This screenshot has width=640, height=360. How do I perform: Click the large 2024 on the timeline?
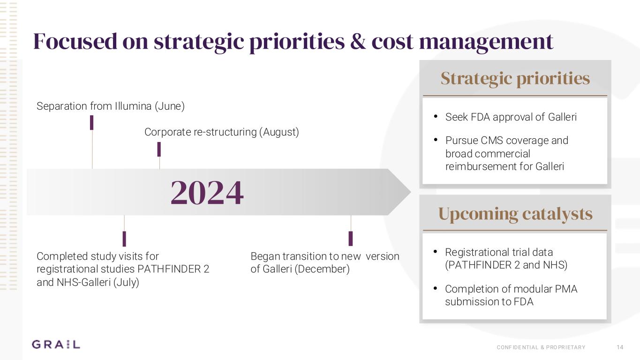[x=207, y=193]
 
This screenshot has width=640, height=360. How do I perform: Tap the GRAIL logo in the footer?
[x=56, y=345]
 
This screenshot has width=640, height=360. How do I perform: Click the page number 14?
[x=620, y=347]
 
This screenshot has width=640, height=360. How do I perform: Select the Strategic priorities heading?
[x=515, y=78]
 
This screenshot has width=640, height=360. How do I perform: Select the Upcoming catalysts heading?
[x=515, y=214]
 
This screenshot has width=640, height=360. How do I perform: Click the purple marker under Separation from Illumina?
[x=92, y=122]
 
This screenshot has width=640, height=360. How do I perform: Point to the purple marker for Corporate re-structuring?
[x=159, y=149]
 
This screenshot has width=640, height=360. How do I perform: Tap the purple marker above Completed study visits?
[x=124, y=239]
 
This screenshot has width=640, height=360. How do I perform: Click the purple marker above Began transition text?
[x=351, y=238]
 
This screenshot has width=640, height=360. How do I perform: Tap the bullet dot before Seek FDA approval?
[x=436, y=117]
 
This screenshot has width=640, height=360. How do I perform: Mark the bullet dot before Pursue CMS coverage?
[x=436, y=140]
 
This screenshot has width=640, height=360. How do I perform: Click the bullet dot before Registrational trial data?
[x=436, y=252]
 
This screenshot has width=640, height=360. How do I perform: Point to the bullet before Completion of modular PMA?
[x=436, y=289]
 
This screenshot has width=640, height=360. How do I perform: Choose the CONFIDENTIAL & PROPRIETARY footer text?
[x=541, y=347]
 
